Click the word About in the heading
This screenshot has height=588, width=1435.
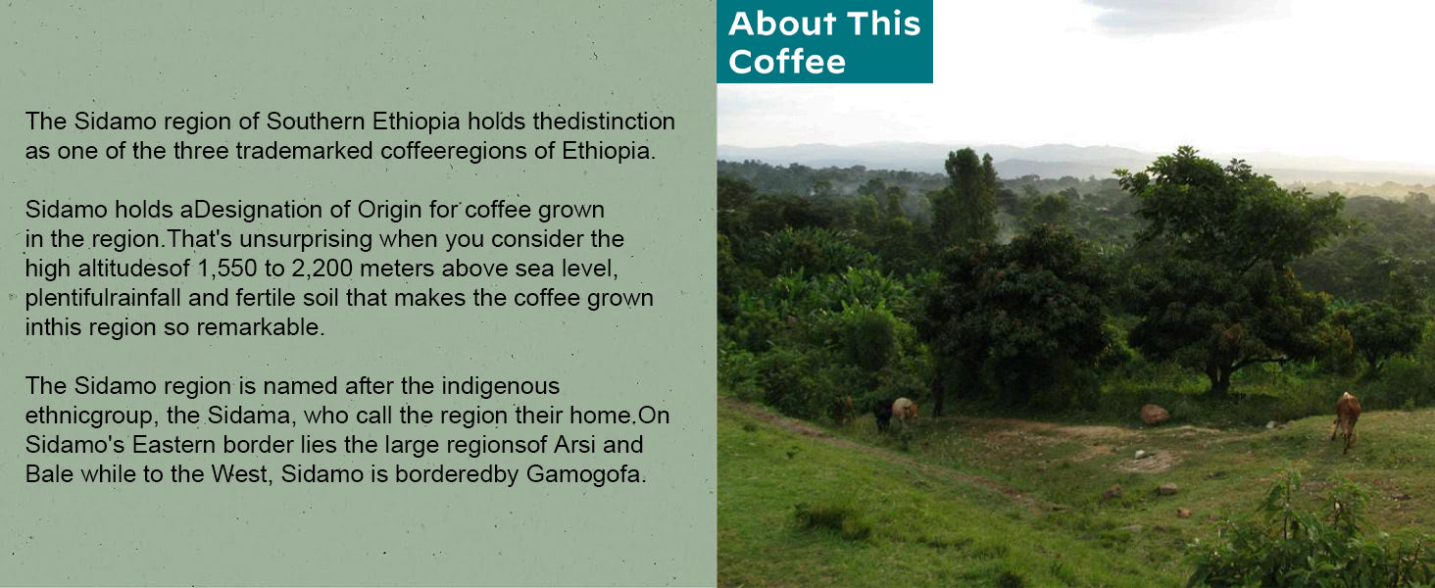770,24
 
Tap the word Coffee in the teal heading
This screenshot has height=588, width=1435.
787,62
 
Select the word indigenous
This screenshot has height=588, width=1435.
500,385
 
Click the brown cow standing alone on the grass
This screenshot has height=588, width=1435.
1347,416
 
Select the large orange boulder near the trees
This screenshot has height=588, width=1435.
1155,414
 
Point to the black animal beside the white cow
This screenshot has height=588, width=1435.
883,414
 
